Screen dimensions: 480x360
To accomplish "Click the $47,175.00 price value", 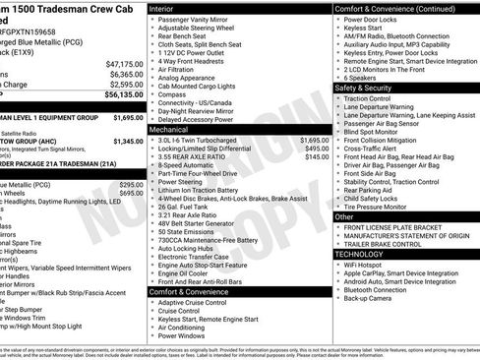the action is [x=123, y=63].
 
